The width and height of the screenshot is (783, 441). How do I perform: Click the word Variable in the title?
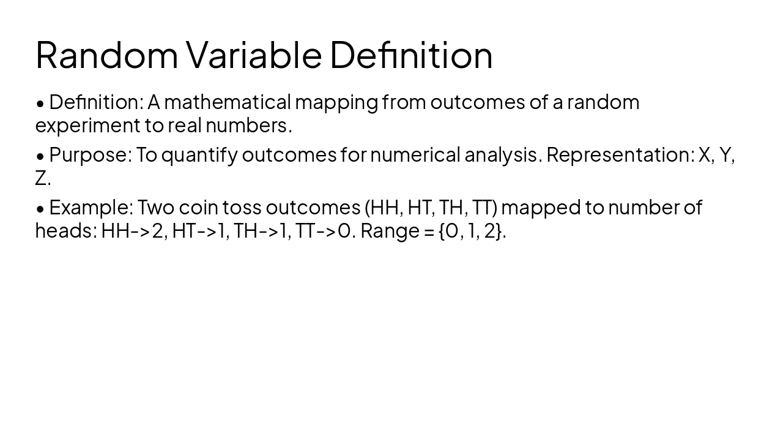(x=253, y=55)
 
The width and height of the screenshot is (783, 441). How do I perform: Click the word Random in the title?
(x=106, y=55)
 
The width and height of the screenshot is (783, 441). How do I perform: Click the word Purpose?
(x=89, y=155)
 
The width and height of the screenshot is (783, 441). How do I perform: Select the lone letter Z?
(x=41, y=178)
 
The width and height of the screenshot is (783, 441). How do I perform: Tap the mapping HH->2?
(x=133, y=231)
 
